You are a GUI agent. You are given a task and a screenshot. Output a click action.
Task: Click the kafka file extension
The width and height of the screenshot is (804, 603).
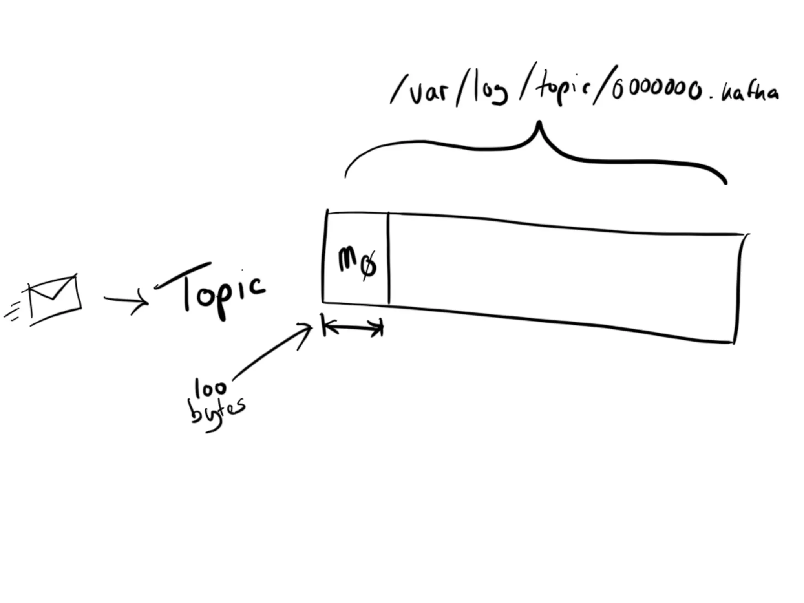point(750,93)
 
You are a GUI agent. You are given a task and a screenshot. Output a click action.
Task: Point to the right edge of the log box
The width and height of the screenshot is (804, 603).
point(738,289)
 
